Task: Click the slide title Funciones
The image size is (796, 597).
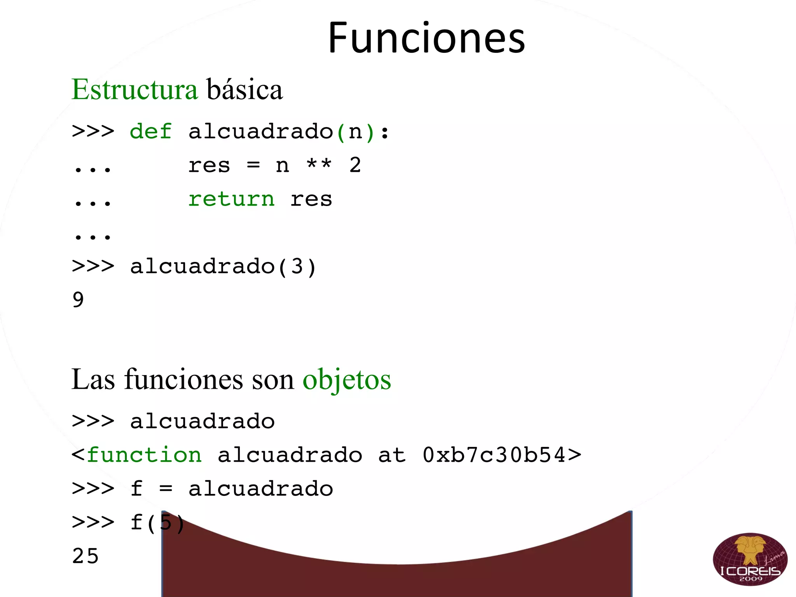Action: [426, 38]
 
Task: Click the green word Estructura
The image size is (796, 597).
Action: [134, 89]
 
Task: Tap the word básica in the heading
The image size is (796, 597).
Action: [244, 89]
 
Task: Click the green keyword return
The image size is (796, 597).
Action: [231, 199]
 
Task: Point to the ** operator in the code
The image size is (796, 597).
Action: [319, 165]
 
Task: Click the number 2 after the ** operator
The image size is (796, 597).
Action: [355, 165]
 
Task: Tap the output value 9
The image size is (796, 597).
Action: [78, 300]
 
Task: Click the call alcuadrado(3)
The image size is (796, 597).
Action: [223, 267]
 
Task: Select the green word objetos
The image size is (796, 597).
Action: [347, 380]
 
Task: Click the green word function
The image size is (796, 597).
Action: [144, 455]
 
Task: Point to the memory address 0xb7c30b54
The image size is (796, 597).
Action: [494, 455]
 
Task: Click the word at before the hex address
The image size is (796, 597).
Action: [392, 455]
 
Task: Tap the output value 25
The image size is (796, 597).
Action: [86, 556]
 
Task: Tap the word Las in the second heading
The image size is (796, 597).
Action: [93, 380]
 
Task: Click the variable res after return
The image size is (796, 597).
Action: [311, 199]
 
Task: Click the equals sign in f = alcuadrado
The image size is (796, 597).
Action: [166, 489]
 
